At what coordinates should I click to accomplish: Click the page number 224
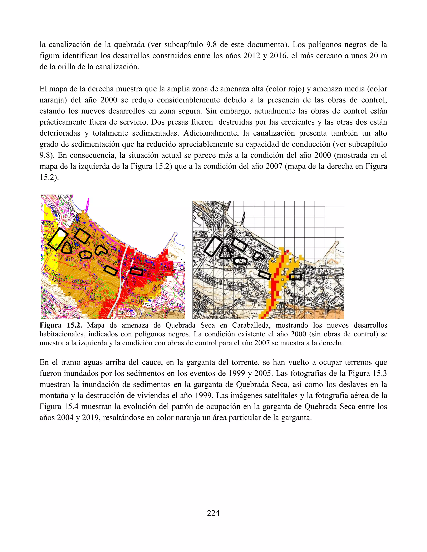213,513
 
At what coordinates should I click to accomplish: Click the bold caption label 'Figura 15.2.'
61,325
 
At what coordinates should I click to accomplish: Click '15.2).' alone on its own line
49,177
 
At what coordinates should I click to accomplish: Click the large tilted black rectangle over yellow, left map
58,239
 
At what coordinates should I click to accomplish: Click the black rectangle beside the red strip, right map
295,277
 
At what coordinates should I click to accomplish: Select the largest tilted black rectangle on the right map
214,246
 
